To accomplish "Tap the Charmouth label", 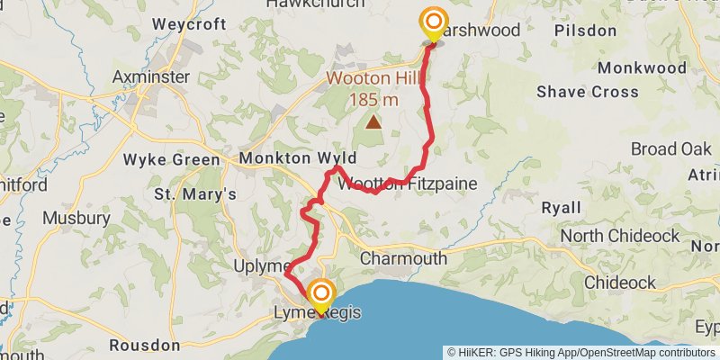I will [403, 258].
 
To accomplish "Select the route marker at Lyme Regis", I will [320, 295].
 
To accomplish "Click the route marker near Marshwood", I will [434, 22].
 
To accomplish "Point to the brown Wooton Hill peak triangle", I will [373, 121].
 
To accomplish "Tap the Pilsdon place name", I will [585, 31].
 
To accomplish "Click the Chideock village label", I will [620, 283].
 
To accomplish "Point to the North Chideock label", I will [619, 236].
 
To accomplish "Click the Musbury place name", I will [76, 218].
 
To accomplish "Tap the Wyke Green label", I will [172, 160].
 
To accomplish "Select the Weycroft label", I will [185, 24].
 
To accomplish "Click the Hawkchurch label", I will [316, 4].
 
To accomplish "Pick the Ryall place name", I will [561, 208].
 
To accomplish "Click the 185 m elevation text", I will [373, 100].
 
